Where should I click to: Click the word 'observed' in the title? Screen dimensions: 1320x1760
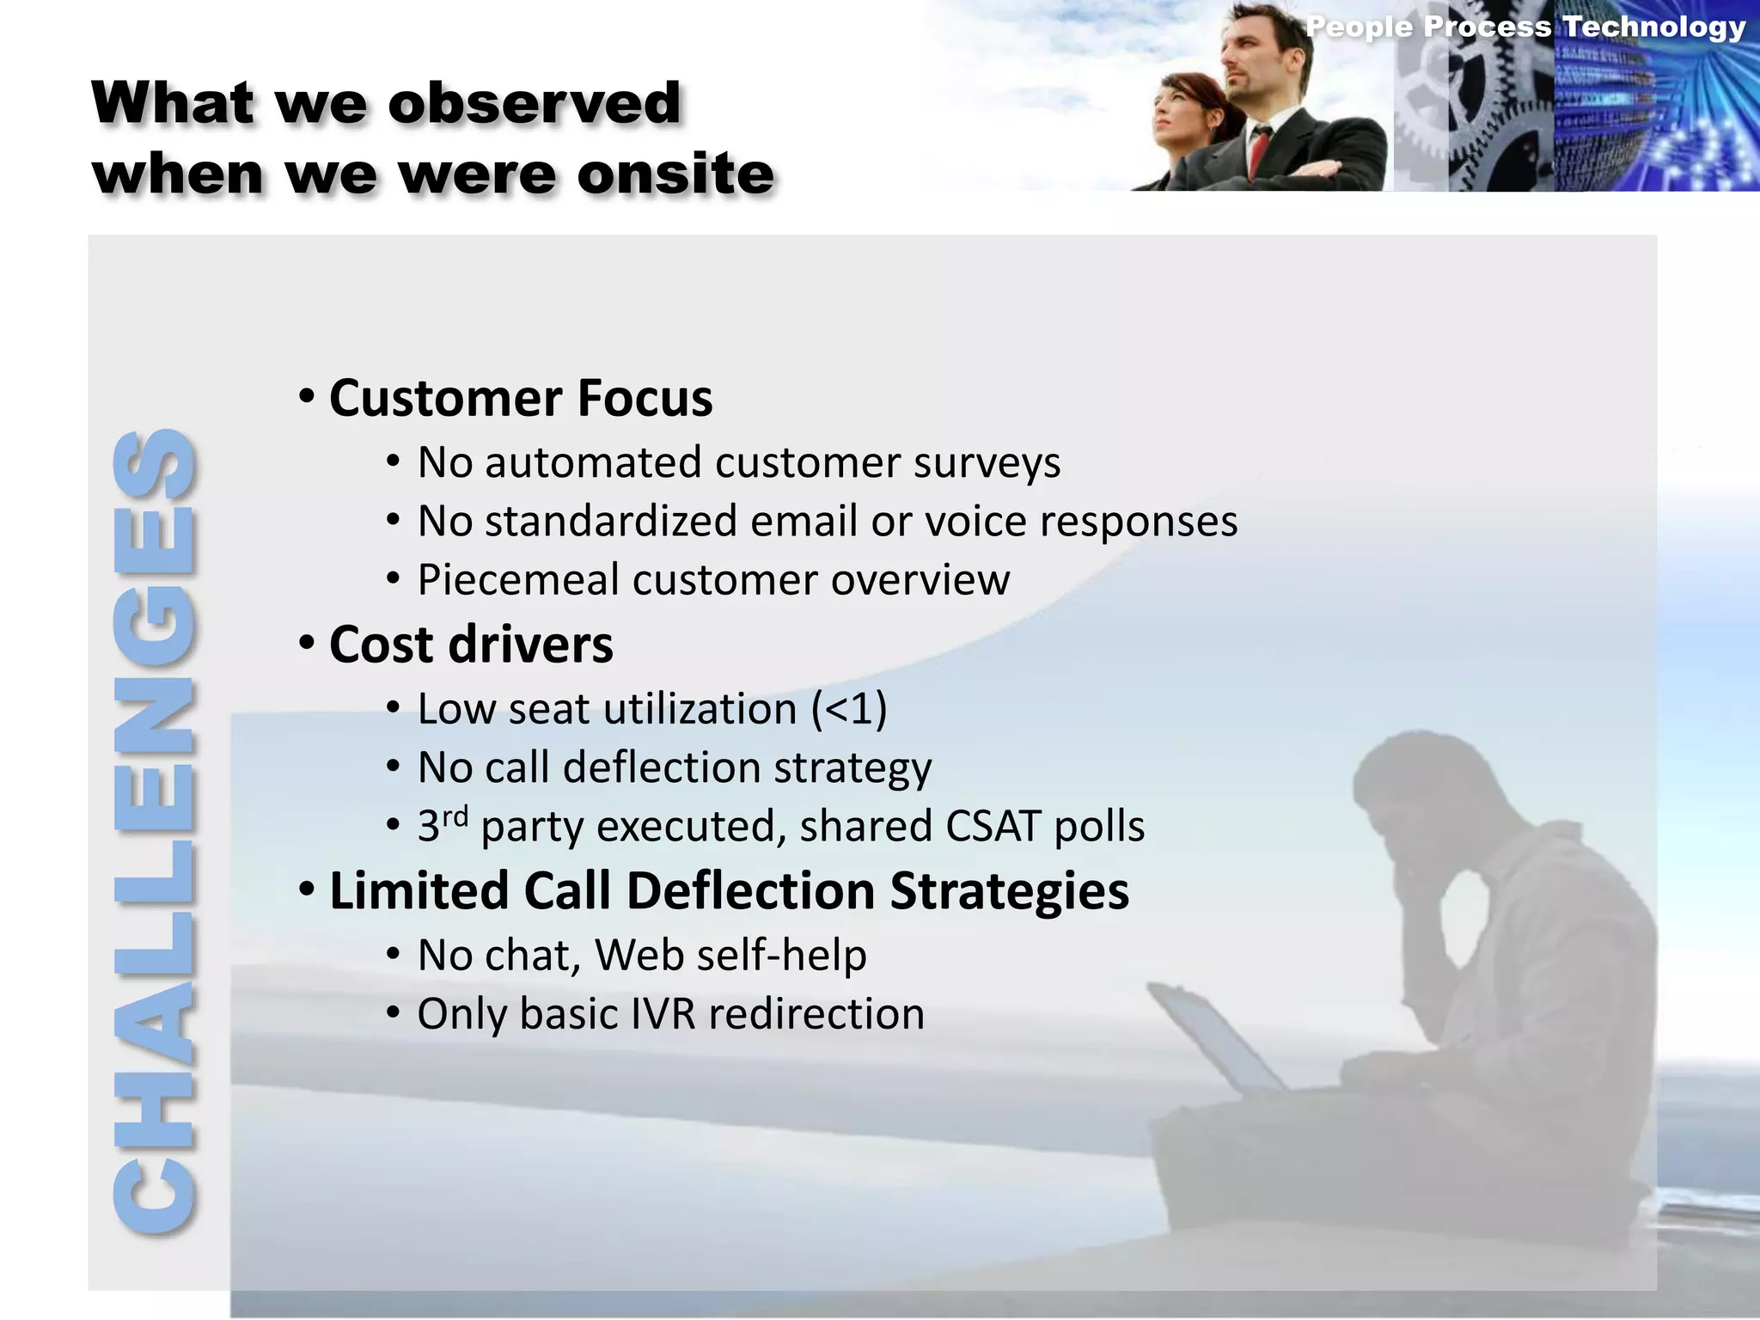534,103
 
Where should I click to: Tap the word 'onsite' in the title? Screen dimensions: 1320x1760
675,174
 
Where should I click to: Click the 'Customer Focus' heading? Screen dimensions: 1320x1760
521,399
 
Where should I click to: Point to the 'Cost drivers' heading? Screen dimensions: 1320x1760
471,645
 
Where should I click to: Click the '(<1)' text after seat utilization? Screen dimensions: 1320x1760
849,710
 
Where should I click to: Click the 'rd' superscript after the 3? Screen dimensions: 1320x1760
455,815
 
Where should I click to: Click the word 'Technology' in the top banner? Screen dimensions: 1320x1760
1653,27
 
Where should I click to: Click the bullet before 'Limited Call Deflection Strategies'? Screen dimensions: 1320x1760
307,890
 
